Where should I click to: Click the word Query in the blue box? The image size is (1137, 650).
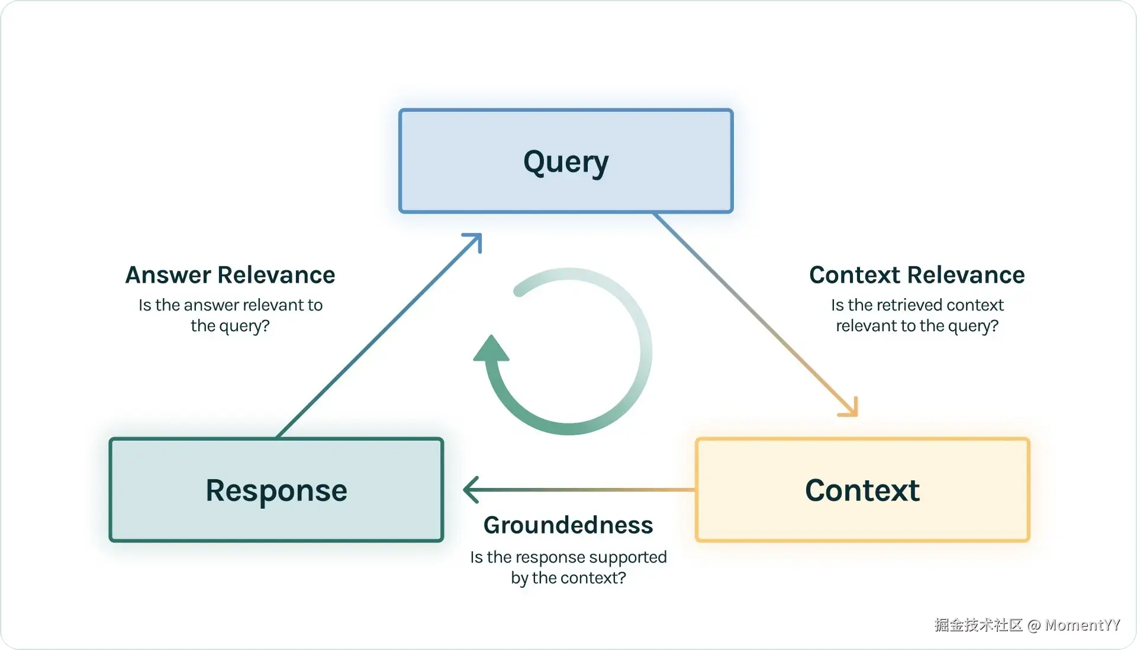pos(566,162)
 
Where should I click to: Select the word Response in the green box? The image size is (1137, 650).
pos(276,490)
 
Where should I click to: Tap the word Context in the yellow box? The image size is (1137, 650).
pos(862,490)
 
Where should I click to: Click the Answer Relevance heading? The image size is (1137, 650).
pos(230,275)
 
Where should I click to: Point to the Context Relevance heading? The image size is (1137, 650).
pos(917,275)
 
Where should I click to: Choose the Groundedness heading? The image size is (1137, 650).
pos(568,525)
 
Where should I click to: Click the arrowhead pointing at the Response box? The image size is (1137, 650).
pos(471,490)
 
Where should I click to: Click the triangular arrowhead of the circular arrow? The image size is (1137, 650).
pos(491,348)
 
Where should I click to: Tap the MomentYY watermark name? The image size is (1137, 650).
pos(1083,625)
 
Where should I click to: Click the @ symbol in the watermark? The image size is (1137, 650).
pos(1034,626)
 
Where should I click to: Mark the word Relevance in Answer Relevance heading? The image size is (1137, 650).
pos(276,275)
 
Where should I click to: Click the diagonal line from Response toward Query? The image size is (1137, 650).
pos(379,335)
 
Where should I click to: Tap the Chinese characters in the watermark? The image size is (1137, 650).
pos(978,625)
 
